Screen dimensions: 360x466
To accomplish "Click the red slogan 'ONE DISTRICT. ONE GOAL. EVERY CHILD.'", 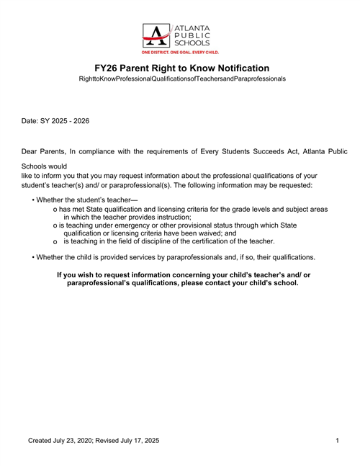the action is click(179, 53).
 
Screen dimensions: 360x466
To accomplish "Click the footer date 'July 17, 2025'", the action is click(138, 439).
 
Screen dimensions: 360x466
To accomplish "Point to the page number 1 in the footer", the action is click(337, 439).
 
